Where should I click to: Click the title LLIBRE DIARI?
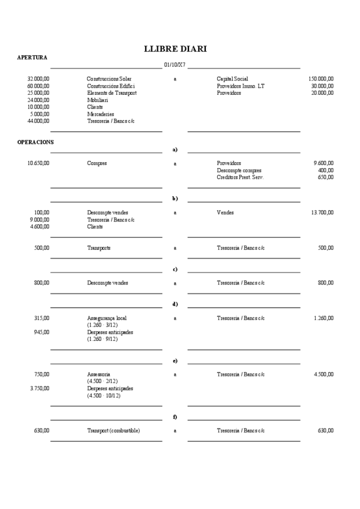point(176,49)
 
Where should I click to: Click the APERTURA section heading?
point(32,58)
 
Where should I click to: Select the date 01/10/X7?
point(175,65)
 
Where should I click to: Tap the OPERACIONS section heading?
point(35,142)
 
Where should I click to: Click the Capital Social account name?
point(232,79)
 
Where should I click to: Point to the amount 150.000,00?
point(321,79)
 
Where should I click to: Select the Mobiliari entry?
point(97,100)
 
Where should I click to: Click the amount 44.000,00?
point(38,121)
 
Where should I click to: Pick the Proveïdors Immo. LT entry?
point(240,86)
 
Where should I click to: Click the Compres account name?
point(97,163)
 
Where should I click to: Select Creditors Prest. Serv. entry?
point(239,177)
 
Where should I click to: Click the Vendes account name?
point(225,212)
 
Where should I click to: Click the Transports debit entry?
point(99,247)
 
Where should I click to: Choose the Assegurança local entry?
point(107,318)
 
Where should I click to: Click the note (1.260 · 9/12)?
point(102,339)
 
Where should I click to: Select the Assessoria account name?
point(98,375)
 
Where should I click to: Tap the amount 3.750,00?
point(40,388)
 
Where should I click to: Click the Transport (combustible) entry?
point(113,430)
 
